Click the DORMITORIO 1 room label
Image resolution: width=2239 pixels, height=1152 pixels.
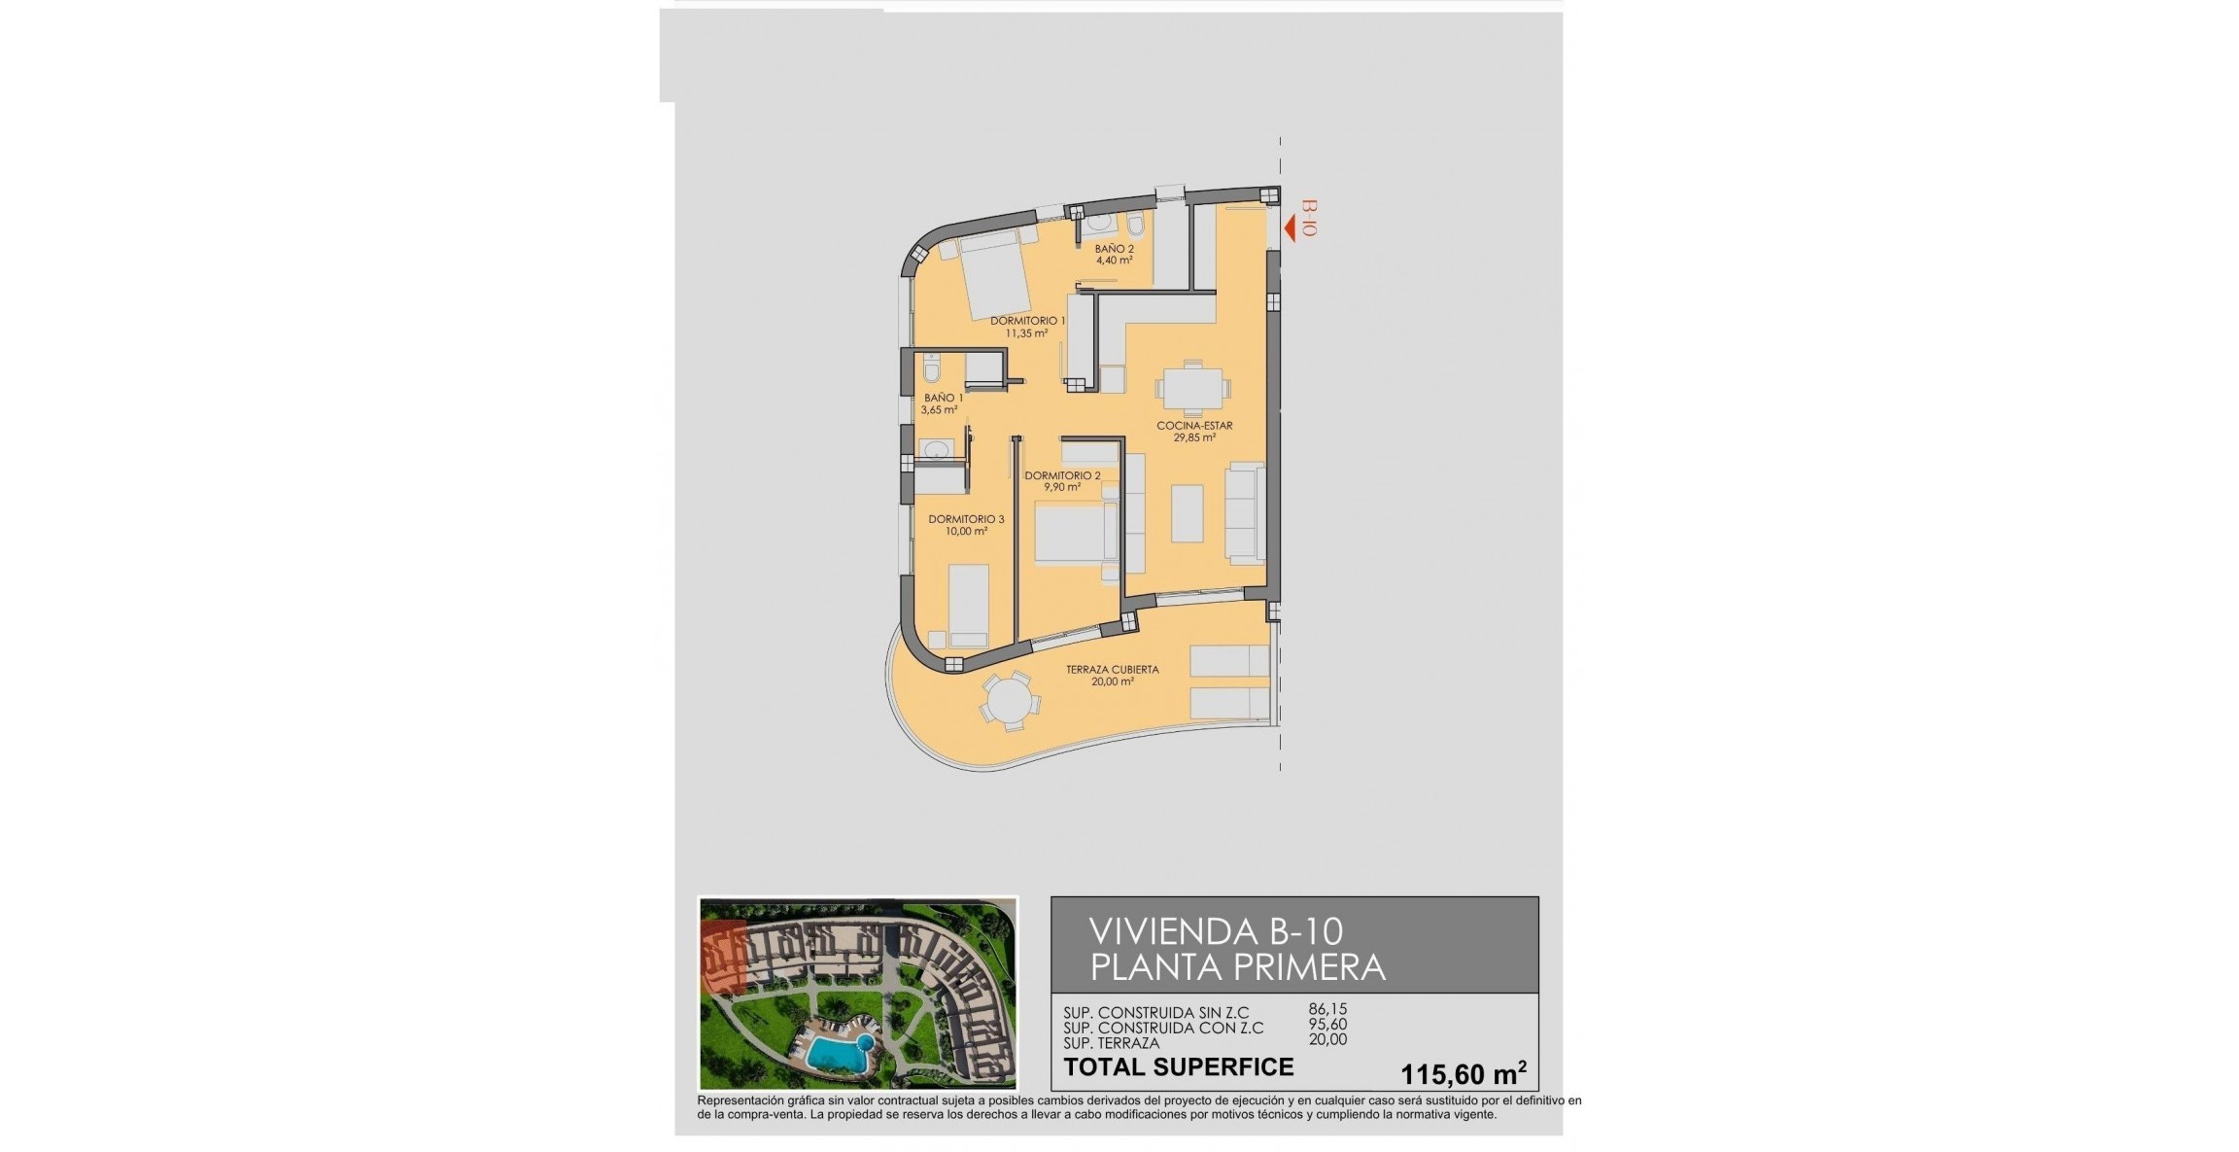(x=1027, y=320)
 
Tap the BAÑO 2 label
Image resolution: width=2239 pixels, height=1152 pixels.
(x=1114, y=249)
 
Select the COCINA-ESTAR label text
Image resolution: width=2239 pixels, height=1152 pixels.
(x=1194, y=425)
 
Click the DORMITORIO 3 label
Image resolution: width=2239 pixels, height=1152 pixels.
(x=966, y=519)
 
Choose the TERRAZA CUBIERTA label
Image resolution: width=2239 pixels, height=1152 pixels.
(x=1112, y=669)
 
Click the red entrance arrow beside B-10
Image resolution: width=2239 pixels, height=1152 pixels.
(x=1290, y=229)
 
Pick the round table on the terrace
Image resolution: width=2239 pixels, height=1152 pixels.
(x=1009, y=700)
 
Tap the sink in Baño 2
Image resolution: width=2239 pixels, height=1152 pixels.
(x=1098, y=223)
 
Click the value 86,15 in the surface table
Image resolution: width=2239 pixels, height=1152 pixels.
(x=1327, y=1010)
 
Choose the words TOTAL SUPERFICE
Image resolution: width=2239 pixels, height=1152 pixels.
(x=1178, y=1066)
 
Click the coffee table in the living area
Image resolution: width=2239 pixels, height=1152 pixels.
(x=1187, y=512)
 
